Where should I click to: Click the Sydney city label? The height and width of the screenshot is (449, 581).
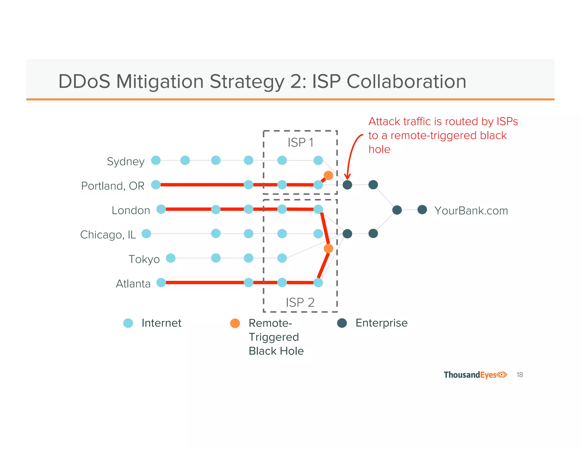(126, 161)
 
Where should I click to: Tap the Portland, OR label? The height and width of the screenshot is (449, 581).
(113, 186)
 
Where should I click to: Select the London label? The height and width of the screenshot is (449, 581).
(131, 210)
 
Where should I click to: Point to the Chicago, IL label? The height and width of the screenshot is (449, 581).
(108, 235)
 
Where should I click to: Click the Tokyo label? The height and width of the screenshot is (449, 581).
(144, 259)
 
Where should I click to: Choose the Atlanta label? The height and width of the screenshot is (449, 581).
(133, 284)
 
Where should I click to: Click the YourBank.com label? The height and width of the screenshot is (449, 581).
(471, 211)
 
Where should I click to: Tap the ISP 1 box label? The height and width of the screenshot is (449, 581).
(300, 142)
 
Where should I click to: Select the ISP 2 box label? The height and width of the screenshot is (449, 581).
(300, 303)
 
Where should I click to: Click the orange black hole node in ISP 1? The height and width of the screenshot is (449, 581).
(328, 175)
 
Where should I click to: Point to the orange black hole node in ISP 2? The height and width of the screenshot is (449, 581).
(328, 248)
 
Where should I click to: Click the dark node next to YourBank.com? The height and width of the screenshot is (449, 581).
(422, 210)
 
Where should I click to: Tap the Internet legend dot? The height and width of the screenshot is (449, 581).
(128, 323)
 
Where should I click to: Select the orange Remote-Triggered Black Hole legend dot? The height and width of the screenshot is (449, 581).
(235, 323)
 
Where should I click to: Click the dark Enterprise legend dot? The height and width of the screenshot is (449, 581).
(342, 323)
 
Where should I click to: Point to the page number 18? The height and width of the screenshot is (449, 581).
(520, 375)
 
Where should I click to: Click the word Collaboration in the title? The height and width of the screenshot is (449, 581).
(406, 81)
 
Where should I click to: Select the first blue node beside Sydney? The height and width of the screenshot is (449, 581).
(156, 160)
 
